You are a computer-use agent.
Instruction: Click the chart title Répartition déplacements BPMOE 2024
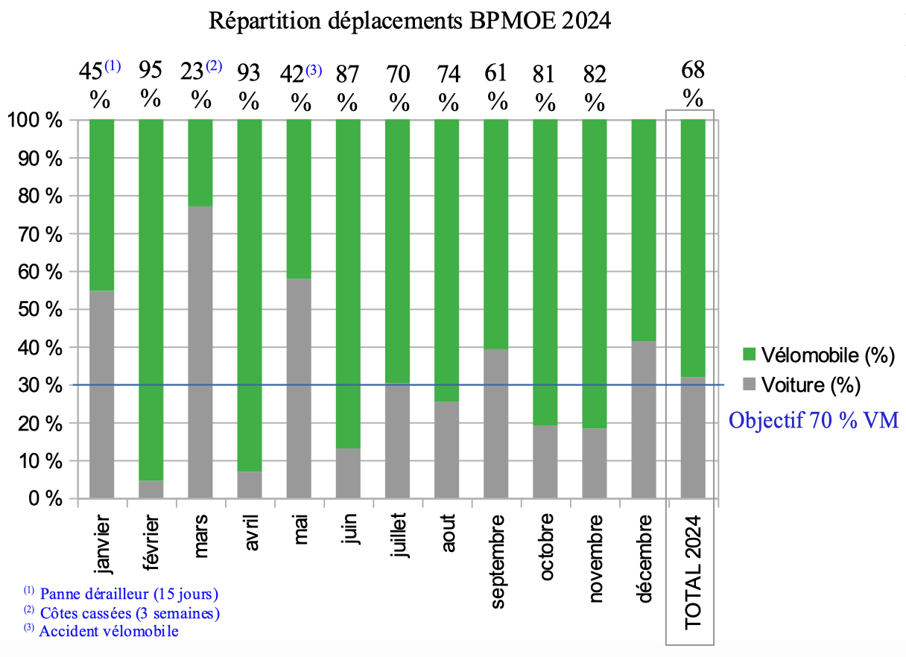[410, 20]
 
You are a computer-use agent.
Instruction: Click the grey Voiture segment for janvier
[102, 394]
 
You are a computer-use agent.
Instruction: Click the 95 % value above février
[151, 86]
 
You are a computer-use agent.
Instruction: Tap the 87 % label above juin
[348, 86]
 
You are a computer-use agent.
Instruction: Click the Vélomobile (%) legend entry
[820, 356]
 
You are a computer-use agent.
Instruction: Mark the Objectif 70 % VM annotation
[814, 420]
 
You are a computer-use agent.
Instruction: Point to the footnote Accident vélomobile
[109, 632]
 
